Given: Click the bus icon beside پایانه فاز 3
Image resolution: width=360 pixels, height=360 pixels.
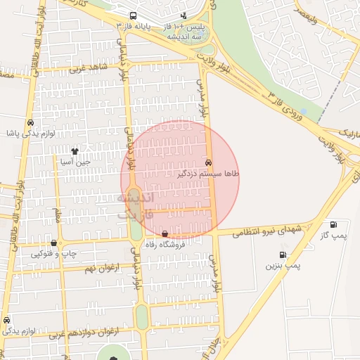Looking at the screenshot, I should (x=133, y=15).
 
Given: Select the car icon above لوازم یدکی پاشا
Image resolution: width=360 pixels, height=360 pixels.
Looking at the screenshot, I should (x=30, y=122).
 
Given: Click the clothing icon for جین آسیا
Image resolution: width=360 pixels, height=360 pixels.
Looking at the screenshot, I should (x=75, y=151).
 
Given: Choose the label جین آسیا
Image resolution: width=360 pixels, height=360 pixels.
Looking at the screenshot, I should (x=75, y=162).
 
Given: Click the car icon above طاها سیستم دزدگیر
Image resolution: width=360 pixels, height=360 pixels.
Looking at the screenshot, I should (x=209, y=162).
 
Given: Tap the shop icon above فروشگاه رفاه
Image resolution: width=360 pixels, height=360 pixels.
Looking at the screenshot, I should (x=165, y=234).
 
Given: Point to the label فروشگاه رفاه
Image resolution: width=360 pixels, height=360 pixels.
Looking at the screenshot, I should (x=165, y=245).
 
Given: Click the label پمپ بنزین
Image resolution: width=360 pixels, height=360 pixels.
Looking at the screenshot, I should (x=283, y=266).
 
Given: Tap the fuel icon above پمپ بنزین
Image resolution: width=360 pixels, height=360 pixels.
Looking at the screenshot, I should (x=283, y=255).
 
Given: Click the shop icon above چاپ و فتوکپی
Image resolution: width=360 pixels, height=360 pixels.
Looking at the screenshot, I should (x=53, y=243).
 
